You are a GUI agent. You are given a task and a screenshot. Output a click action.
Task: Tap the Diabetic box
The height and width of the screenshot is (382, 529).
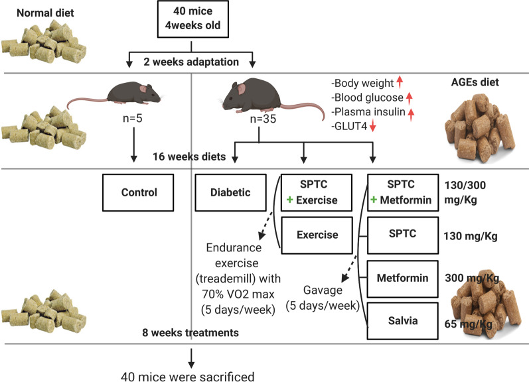(230, 193)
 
